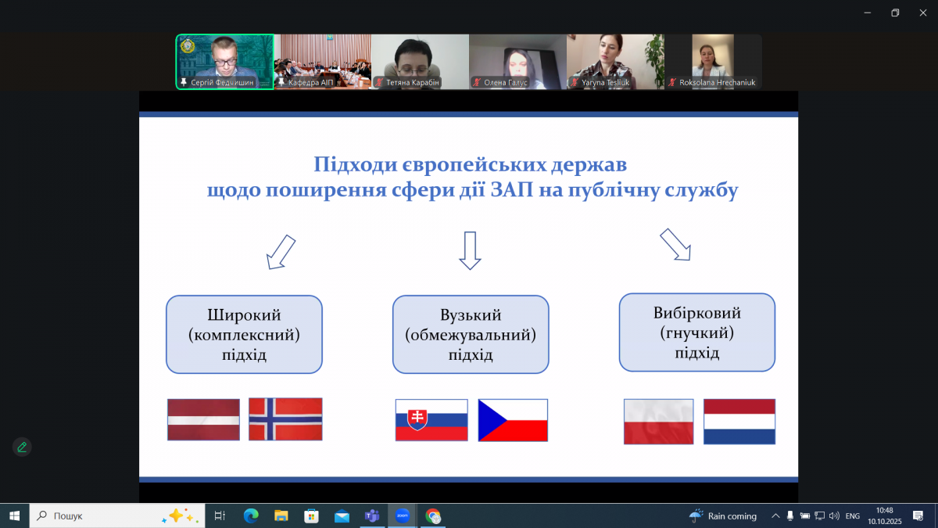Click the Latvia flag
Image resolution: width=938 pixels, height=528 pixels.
click(203, 420)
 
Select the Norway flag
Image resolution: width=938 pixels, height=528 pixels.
click(285, 419)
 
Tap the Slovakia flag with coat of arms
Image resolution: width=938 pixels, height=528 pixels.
click(431, 420)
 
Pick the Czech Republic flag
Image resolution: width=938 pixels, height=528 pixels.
click(513, 420)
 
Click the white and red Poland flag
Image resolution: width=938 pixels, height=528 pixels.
click(658, 422)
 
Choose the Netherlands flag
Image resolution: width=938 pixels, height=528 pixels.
click(739, 422)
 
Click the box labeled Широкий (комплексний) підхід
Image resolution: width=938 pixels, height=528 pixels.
click(244, 334)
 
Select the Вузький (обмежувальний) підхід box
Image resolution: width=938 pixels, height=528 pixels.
click(471, 334)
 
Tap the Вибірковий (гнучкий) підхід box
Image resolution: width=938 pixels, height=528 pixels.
click(697, 332)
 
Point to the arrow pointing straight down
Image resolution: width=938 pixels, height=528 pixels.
click(469, 250)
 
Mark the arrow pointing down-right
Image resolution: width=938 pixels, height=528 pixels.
click(676, 244)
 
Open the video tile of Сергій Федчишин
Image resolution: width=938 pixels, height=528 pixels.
click(225, 61)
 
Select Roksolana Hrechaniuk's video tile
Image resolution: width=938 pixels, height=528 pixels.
click(713, 61)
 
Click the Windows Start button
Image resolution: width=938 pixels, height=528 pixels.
click(14, 515)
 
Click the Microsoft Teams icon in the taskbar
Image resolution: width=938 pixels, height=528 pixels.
click(371, 515)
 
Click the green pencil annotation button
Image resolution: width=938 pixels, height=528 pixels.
click(22, 447)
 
